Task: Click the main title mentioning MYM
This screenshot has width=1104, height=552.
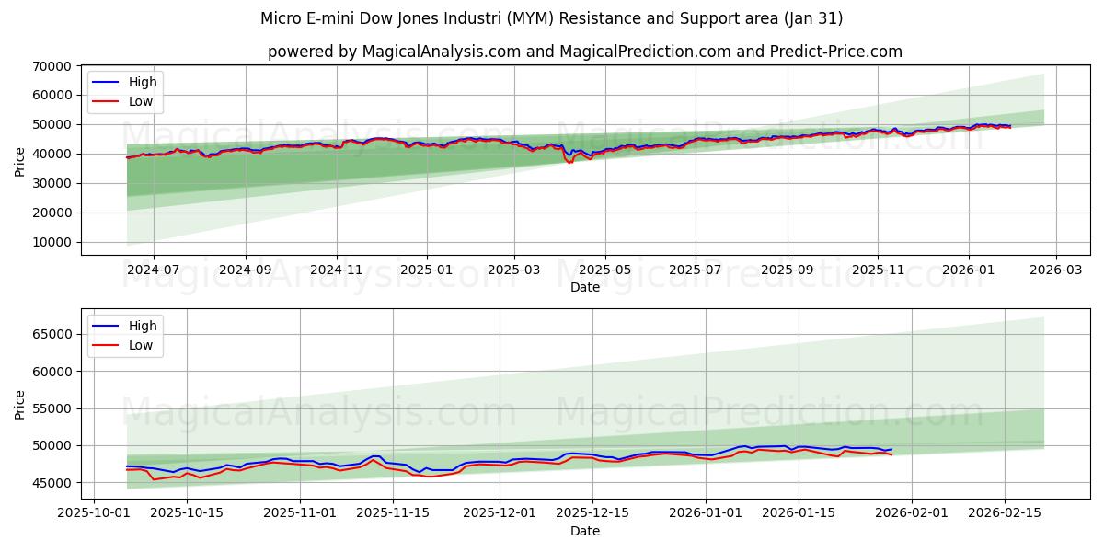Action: pos(551,18)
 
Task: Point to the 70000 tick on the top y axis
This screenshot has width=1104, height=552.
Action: pos(52,66)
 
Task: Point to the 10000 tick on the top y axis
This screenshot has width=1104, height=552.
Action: pos(52,242)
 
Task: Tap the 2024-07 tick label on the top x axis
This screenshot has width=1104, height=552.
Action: pos(153,270)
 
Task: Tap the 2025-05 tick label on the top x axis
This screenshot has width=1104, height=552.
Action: pos(604,270)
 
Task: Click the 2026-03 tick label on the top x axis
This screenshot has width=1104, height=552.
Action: pos(1055,270)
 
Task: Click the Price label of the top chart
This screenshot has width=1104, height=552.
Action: pos(20,161)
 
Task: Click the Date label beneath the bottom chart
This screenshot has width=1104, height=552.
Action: pos(584,531)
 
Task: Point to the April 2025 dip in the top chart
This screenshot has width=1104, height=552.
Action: pos(569,161)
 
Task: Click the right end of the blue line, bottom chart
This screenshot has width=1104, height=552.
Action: pos(891,449)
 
